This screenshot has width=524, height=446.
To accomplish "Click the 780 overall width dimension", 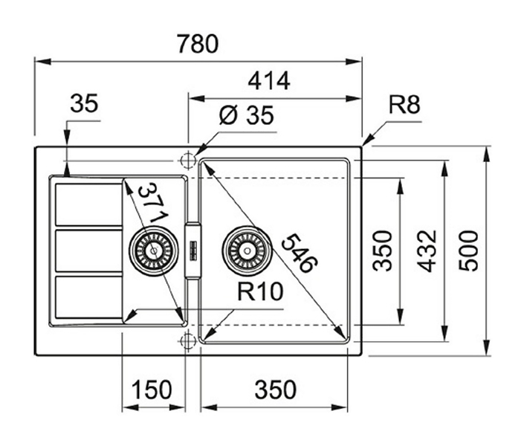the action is (x=198, y=44).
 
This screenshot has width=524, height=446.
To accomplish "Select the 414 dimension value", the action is (x=269, y=80).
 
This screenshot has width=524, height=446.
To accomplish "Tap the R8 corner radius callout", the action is (x=404, y=104).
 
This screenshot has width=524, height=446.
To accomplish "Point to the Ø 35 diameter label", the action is (x=247, y=115).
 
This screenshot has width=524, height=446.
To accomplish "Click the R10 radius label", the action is (x=260, y=291).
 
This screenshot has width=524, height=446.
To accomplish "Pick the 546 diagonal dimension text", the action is (x=299, y=253).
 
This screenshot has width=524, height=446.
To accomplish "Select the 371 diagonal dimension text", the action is (x=154, y=203).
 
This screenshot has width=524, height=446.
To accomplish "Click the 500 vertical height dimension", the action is (x=468, y=251).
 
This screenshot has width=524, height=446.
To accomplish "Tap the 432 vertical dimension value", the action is (x=427, y=251).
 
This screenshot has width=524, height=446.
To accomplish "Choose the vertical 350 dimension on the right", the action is (x=383, y=251).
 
